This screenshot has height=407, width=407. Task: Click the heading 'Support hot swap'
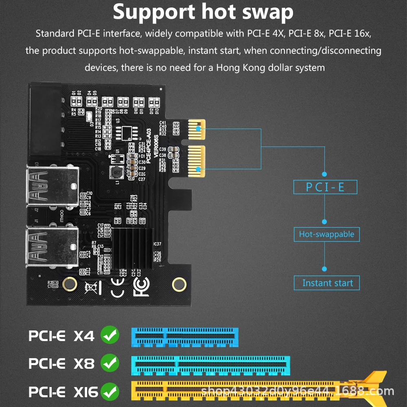[203, 12]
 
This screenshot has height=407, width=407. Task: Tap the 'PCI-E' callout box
[325, 187]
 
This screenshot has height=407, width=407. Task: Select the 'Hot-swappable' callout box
[326, 234]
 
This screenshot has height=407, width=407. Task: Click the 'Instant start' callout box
[327, 283]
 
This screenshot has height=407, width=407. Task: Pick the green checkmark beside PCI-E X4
[110, 335]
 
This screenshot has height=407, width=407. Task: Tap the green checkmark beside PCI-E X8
[110, 362]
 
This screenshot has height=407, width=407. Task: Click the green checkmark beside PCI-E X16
[110, 392]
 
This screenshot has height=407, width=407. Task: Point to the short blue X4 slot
[184, 337]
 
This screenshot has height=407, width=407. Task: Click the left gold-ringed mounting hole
[70, 284]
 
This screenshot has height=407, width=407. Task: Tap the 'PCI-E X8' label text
[61, 363]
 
